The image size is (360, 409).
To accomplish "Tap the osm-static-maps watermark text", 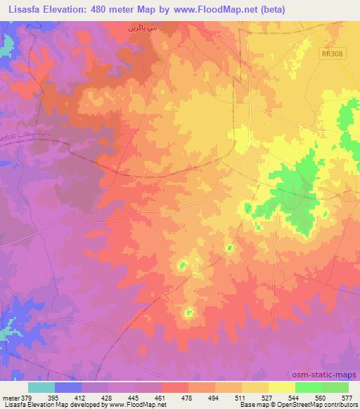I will pos(329,374).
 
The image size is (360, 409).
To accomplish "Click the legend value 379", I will pos(27,396).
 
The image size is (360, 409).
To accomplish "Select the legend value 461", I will pos(160,396).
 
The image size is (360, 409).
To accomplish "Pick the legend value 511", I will pos(240,396).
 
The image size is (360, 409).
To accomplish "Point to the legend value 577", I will pos(347,396).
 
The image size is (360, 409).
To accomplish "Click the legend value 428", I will pos(107,396).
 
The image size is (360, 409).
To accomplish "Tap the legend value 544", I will pos(293,396).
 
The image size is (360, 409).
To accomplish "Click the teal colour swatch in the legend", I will pos(41,387).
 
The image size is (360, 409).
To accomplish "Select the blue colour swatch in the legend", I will pos(67,387).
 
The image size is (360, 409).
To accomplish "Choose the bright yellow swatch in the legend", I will pos(281,387).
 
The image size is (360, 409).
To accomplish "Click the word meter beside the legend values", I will pos(10,396).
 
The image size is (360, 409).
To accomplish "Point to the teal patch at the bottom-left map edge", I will pos(8,327).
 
